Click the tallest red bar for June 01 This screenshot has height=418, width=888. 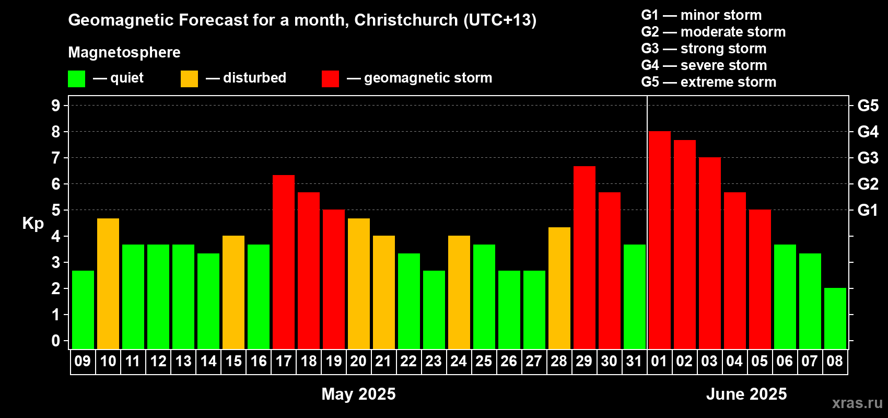coord(660,240)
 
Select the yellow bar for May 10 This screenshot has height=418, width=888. coord(108,284)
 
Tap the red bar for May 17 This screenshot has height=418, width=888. coord(284,262)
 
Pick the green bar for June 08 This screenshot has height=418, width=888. coord(835,318)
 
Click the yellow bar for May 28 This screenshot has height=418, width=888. coord(559,288)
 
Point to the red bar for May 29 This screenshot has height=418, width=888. coord(585,258)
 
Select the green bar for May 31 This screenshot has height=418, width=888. coord(635,297)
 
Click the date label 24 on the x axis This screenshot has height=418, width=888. coord(459,361)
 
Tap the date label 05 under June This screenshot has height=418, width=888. coord(760,361)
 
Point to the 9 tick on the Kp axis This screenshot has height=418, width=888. coord(55,106)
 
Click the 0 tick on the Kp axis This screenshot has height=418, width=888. coord(55,341)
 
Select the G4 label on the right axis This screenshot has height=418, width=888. coord(868,132)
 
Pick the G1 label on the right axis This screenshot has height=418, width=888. coord(868,210)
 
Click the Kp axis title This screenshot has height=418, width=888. coord(33,224)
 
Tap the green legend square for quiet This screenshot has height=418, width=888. coord(76,78)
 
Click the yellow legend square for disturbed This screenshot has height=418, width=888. coord(189,78)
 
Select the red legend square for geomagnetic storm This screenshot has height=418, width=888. coord(330,78)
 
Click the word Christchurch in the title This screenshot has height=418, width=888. coord(406,20)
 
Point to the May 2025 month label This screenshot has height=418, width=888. coord(358,394)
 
